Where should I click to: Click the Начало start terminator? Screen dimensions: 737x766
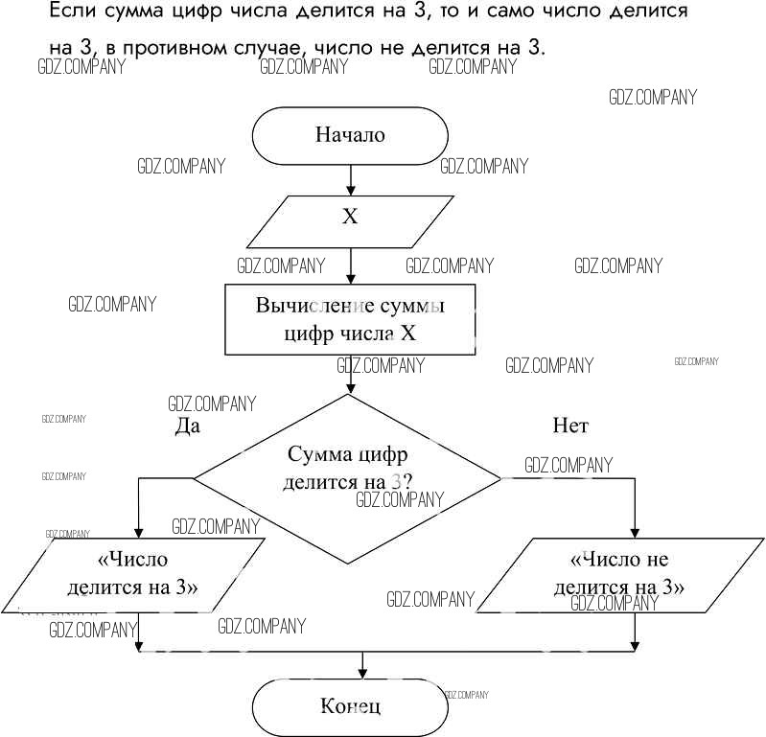pyautogui.click(x=350, y=135)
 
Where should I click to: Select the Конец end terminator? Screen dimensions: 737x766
pyautogui.click(x=350, y=707)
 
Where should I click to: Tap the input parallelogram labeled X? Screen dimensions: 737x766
pyautogui.click(x=350, y=218)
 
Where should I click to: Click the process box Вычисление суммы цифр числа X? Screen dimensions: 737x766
pyautogui.click(x=350, y=319)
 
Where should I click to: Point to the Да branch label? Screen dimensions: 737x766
pyautogui.click(x=187, y=426)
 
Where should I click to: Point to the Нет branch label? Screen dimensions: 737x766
pyautogui.click(x=570, y=426)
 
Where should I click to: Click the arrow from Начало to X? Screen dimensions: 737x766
pyautogui.click(x=350, y=180)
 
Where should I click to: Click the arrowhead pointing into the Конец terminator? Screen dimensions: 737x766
pyautogui.click(x=361, y=673)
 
